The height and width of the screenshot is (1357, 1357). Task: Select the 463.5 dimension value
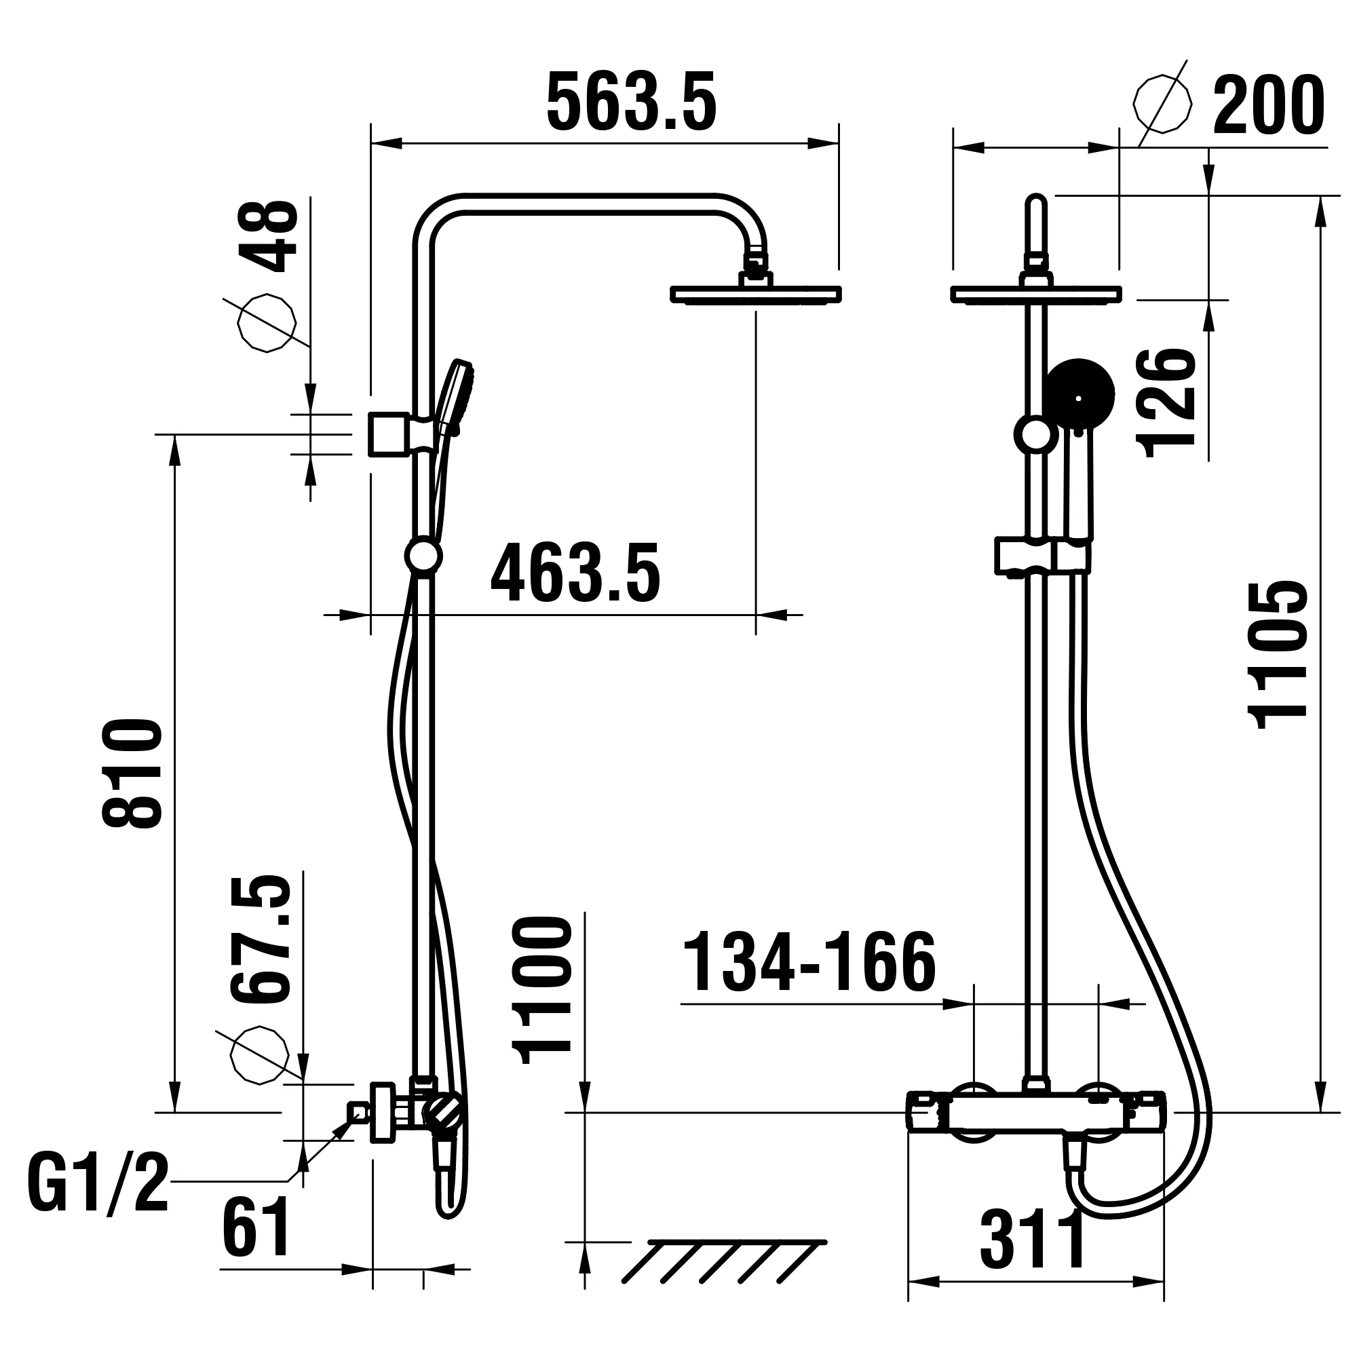tap(575, 573)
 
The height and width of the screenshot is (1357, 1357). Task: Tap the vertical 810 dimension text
tap(132, 773)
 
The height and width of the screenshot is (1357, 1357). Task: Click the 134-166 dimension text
tap(809, 963)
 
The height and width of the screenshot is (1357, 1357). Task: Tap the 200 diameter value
tap(1268, 106)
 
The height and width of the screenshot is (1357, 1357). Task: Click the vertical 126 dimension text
tap(1166, 403)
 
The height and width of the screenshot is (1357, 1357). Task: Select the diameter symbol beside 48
tap(266, 323)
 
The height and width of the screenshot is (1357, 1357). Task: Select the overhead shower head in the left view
tap(756, 294)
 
